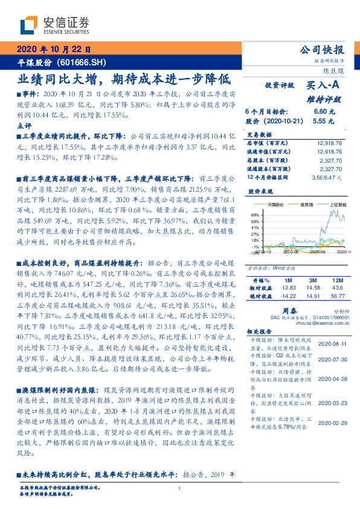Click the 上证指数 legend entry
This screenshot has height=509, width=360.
point(337,205)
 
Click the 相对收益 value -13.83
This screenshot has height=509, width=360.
point(286,288)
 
